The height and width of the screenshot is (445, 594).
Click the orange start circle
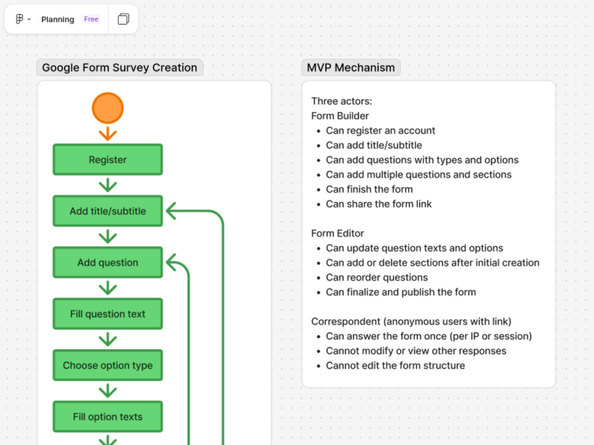(x=108, y=108)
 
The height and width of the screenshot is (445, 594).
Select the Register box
(x=108, y=159)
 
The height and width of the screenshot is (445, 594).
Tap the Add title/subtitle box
(x=108, y=211)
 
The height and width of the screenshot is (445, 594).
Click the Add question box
(x=108, y=262)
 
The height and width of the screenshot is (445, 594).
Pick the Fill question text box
(x=108, y=314)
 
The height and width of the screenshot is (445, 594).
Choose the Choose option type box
(x=108, y=365)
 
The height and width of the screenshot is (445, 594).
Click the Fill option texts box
(x=108, y=417)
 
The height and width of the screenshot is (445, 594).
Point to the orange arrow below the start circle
(x=108, y=133)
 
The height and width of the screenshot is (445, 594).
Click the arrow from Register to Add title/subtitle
(x=108, y=185)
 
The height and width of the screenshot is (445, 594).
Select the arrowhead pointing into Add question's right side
(x=170, y=262)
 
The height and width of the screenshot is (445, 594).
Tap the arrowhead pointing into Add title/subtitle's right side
(x=170, y=211)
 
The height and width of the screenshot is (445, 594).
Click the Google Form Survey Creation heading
(x=119, y=68)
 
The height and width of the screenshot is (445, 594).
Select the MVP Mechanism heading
(x=351, y=68)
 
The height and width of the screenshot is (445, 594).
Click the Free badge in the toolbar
(x=91, y=19)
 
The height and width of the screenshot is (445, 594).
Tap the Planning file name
(x=58, y=20)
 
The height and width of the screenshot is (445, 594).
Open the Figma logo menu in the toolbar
(x=23, y=19)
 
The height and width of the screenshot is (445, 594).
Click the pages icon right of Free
(x=123, y=19)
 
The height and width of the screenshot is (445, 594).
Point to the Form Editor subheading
(x=337, y=233)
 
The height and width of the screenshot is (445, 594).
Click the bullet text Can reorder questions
(x=377, y=277)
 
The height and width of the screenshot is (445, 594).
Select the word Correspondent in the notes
(x=346, y=321)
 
